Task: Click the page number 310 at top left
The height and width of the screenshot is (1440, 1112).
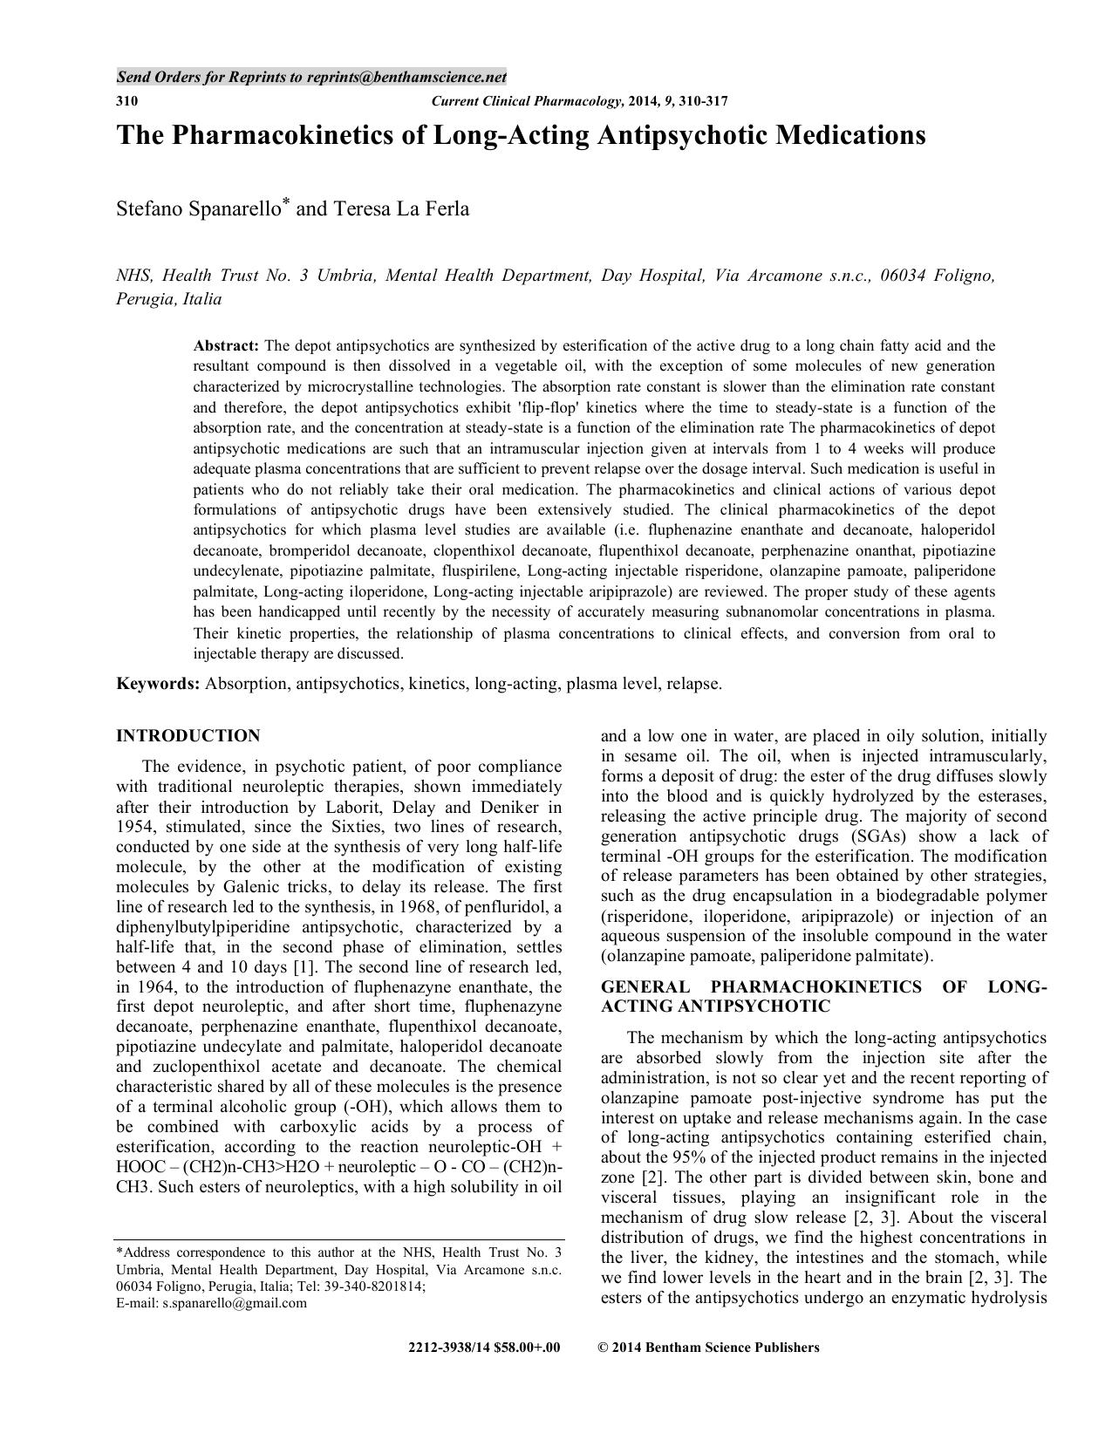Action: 126,101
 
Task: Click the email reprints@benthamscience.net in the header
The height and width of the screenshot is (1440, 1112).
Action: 406,77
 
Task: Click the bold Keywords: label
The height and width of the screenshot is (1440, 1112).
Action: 159,684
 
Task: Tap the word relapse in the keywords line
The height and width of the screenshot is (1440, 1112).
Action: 692,684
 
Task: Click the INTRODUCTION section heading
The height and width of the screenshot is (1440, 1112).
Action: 188,735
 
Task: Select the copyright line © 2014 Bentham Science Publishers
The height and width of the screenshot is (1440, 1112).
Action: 708,1348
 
